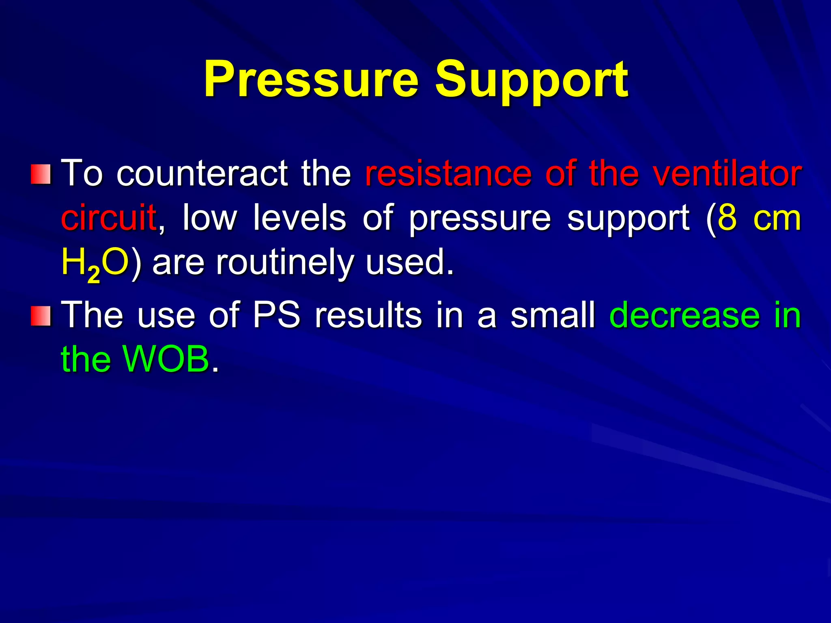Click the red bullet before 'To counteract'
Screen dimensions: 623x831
coord(41,174)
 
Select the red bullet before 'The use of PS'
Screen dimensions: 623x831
coord(41,316)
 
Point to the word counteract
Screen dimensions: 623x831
coord(202,174)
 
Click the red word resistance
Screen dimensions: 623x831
coord(448,174)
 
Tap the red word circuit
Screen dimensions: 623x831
coord(109,218)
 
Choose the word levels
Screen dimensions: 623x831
coord(299,218)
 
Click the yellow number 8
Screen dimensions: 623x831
coord(728,218)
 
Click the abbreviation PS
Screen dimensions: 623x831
coord(277,315)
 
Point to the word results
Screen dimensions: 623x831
coord(368,315)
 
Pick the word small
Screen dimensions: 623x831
coord(553,315)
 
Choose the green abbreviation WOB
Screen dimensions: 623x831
coord(166,359)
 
